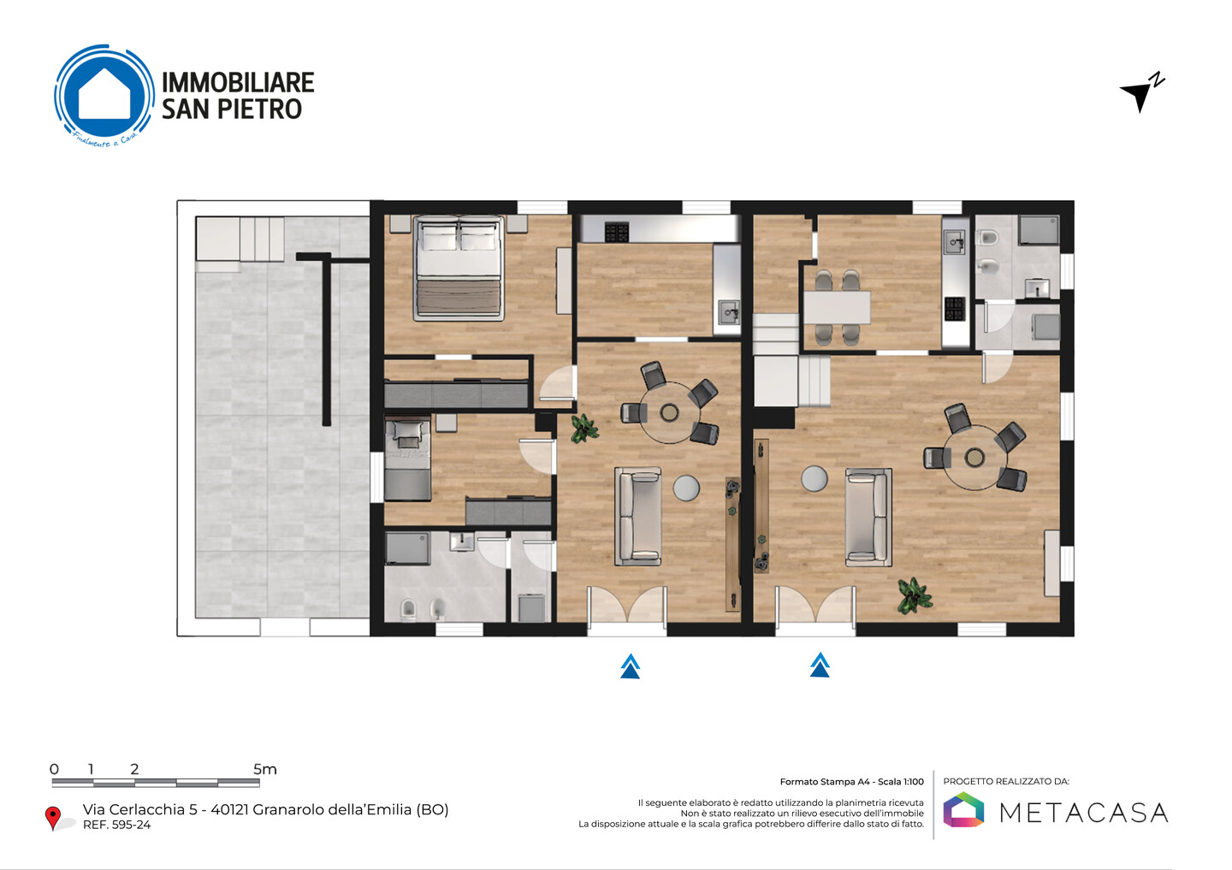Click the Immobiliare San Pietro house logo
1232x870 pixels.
104,95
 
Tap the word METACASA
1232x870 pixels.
1083,813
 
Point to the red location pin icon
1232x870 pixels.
53,818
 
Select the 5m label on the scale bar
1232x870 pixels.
265,769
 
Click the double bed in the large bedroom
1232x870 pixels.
459,269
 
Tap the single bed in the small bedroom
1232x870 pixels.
407,459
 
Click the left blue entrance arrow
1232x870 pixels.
631,666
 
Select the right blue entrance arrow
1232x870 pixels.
820,665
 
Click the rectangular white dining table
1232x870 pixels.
837,308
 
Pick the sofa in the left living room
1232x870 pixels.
638,517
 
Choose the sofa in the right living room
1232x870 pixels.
868,518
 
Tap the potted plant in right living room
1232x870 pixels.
914,595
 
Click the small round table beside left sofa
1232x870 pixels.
686,488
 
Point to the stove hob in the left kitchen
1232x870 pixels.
617,232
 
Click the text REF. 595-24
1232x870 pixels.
116,825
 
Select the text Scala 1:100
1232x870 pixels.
901,782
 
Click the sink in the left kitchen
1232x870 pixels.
729,314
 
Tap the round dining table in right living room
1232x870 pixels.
974,458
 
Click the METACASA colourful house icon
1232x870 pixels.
963,809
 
